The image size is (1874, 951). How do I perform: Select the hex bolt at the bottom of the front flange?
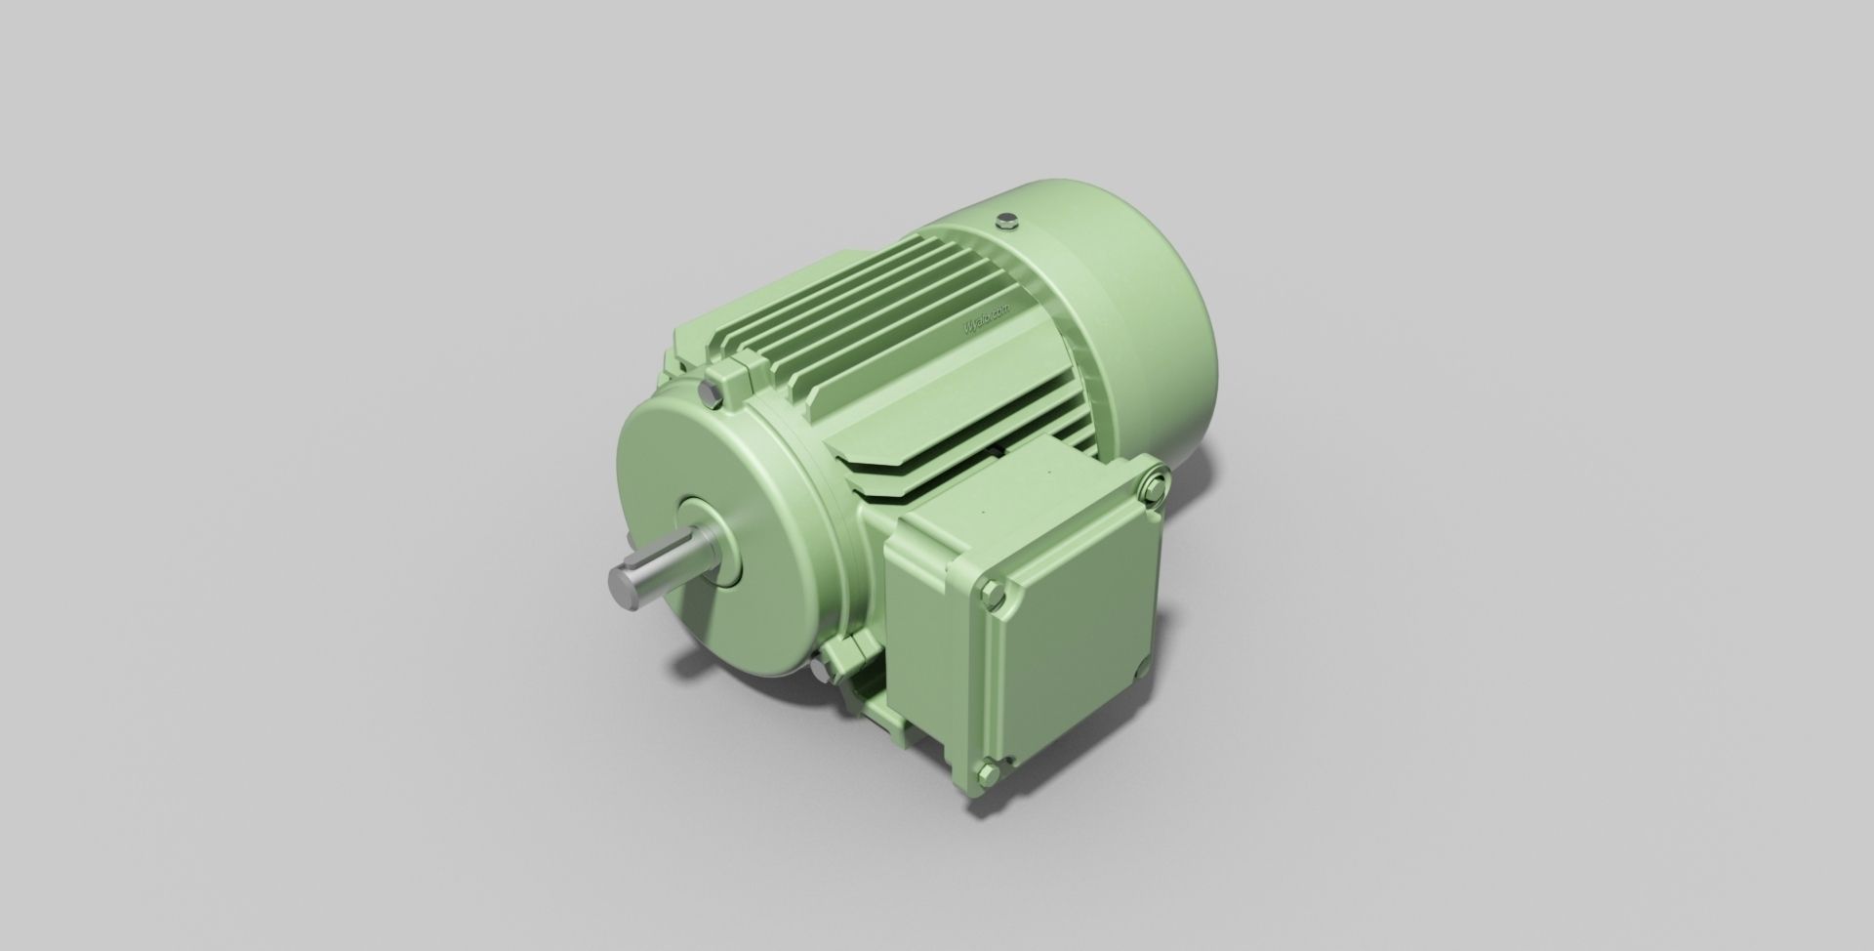click(x=818, y=669)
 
